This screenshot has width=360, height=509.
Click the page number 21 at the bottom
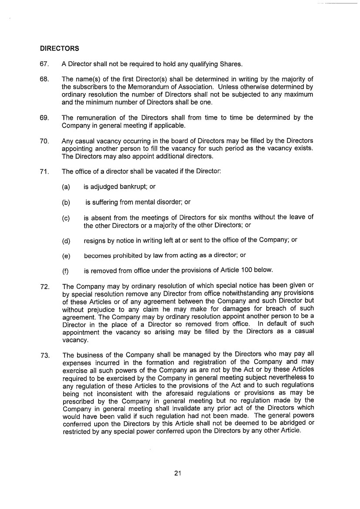(177, 474)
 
